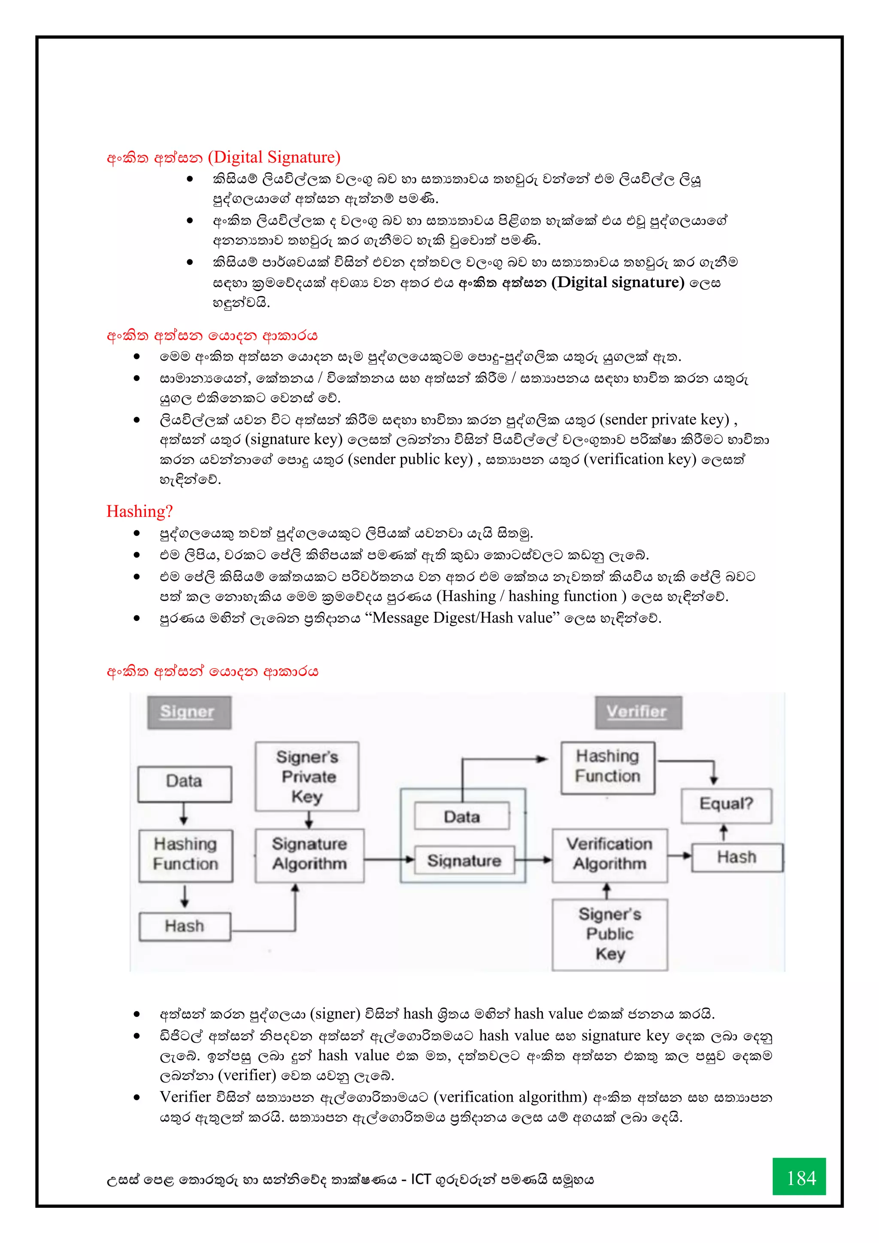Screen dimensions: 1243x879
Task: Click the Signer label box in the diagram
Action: [x=189, y=712]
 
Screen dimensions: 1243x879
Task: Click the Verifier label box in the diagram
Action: [x=638, y=712]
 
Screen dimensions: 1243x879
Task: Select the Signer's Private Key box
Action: [x=307, y=776]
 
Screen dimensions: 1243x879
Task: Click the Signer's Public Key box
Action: [x=609, y=934]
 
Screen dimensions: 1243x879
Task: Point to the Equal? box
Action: [x=726, y=804]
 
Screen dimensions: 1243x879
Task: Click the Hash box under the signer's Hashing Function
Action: [x=185, y=926]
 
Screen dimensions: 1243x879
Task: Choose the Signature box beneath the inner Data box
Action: [x=464, y=860]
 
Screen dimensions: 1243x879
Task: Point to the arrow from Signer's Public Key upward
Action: [x=607, y=890]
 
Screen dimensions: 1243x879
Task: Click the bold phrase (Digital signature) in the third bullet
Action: [x=618, y=282]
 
